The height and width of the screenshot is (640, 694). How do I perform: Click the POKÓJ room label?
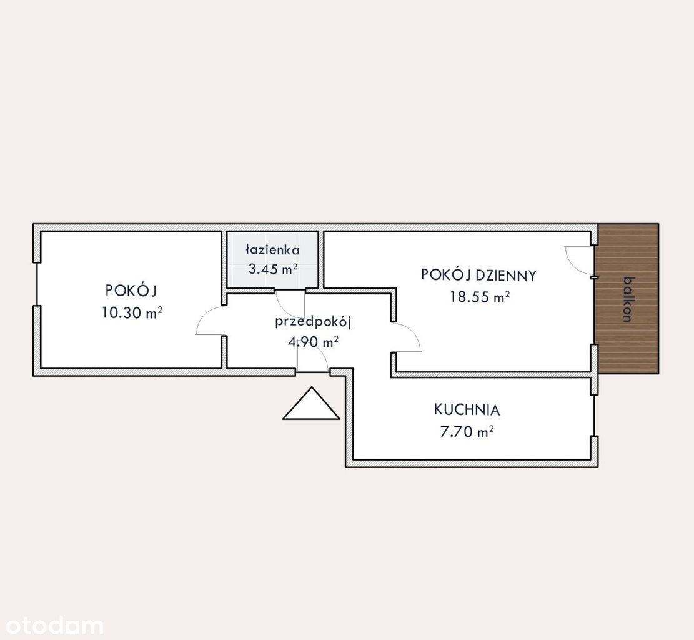(x=131, y=291)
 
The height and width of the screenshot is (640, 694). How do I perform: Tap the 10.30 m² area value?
(x=132, y=312)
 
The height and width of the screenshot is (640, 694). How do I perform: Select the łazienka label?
(x=272, y=250)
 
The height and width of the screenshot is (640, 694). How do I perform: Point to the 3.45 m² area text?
(x=272, y=269)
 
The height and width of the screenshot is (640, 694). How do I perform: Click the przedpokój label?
(x=313, y=322)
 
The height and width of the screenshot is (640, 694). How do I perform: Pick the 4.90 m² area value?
(x=314, y=342)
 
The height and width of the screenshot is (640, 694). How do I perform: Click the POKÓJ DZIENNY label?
(x=478, y=276)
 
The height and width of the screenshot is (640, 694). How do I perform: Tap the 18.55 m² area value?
(x=480, y=296)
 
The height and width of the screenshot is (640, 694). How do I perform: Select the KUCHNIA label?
(x=467, y=410)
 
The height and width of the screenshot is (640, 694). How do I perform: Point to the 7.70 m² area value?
(x=467, y=431)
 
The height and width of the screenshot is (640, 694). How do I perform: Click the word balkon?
(x=627, y=299)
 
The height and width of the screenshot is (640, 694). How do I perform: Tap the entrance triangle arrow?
(x=311, y=404)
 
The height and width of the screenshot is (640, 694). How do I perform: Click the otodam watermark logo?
(x=52, y=626)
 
